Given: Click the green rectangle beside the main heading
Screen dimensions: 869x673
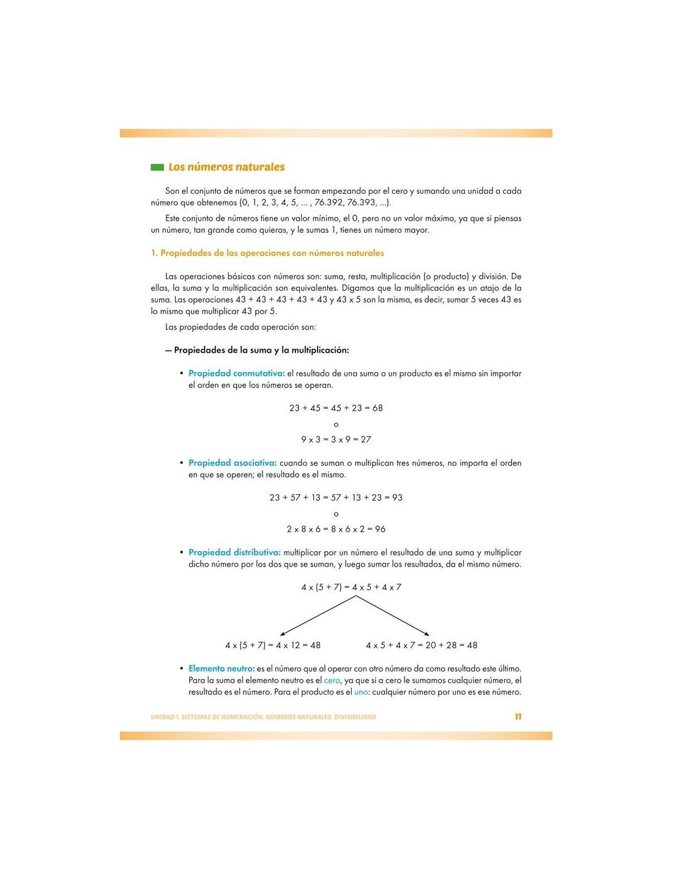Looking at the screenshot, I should (x=157, y=167).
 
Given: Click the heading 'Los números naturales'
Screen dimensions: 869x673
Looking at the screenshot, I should (x=226, y=167).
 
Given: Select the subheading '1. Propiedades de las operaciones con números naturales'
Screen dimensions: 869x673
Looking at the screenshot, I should (x=267, y=253).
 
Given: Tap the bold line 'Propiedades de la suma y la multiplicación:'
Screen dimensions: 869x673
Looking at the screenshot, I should (x=261, y=350).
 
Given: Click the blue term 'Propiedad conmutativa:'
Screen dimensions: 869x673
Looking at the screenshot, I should (x=237, y=373).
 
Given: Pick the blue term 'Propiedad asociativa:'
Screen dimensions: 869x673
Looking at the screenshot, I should (x=232, y=463).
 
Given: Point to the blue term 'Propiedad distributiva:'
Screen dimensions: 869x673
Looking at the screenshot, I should (x=234, y=552).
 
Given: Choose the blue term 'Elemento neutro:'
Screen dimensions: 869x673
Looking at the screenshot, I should (x=221, y=669).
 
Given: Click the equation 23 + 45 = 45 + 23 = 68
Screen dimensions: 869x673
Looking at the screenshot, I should (x=336, y=408).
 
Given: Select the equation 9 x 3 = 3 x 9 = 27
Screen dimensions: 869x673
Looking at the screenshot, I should (x=336, y=439).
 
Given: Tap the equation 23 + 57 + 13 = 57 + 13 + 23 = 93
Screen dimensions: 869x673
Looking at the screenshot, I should (x=336, y=497).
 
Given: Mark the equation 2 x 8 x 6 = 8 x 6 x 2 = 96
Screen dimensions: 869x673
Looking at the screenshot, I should (x=336, y=529).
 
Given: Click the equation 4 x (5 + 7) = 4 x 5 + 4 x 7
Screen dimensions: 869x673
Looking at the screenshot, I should (x=351, y=587).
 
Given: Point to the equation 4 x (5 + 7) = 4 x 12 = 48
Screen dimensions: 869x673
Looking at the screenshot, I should (x=273, y=645).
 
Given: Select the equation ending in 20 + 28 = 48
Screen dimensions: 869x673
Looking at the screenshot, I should (x=422, y=645).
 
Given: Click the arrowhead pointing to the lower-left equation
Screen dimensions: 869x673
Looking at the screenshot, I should (x=282, y=634).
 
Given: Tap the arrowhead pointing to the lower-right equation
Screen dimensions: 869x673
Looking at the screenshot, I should (x=426, y=634).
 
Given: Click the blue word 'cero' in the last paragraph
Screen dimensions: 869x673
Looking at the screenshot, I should (x=332, y=680).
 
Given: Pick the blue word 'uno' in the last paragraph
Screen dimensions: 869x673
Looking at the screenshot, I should (x=361, y=692).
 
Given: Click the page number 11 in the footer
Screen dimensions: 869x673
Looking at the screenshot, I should (x=518, y=717).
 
